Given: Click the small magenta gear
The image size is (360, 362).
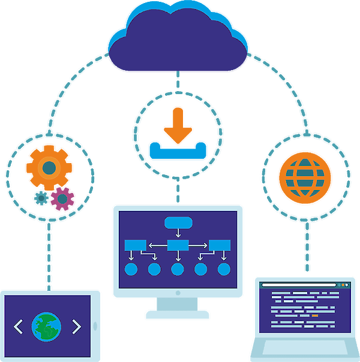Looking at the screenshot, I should [62, 198].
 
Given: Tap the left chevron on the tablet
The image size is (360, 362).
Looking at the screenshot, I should [18, 327].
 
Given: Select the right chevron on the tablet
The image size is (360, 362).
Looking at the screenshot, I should [76, 327].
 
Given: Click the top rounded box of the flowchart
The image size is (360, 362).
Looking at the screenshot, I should [178, 223].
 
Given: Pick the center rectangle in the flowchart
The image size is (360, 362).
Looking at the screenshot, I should [178, 245].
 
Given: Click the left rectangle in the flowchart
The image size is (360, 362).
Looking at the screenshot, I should [136, 245].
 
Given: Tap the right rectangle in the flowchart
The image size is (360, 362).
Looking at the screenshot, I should [220, 245].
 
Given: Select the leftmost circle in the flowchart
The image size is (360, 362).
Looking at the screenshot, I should [131, 269].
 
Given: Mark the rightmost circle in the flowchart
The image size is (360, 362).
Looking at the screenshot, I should [224, 269].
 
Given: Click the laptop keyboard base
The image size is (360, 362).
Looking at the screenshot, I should [304, 349].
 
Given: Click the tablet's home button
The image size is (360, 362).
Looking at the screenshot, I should [96, 326].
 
